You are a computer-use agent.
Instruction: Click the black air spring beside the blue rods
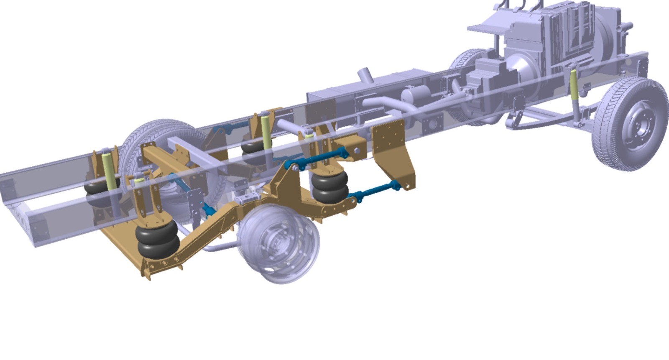[330, 187]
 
